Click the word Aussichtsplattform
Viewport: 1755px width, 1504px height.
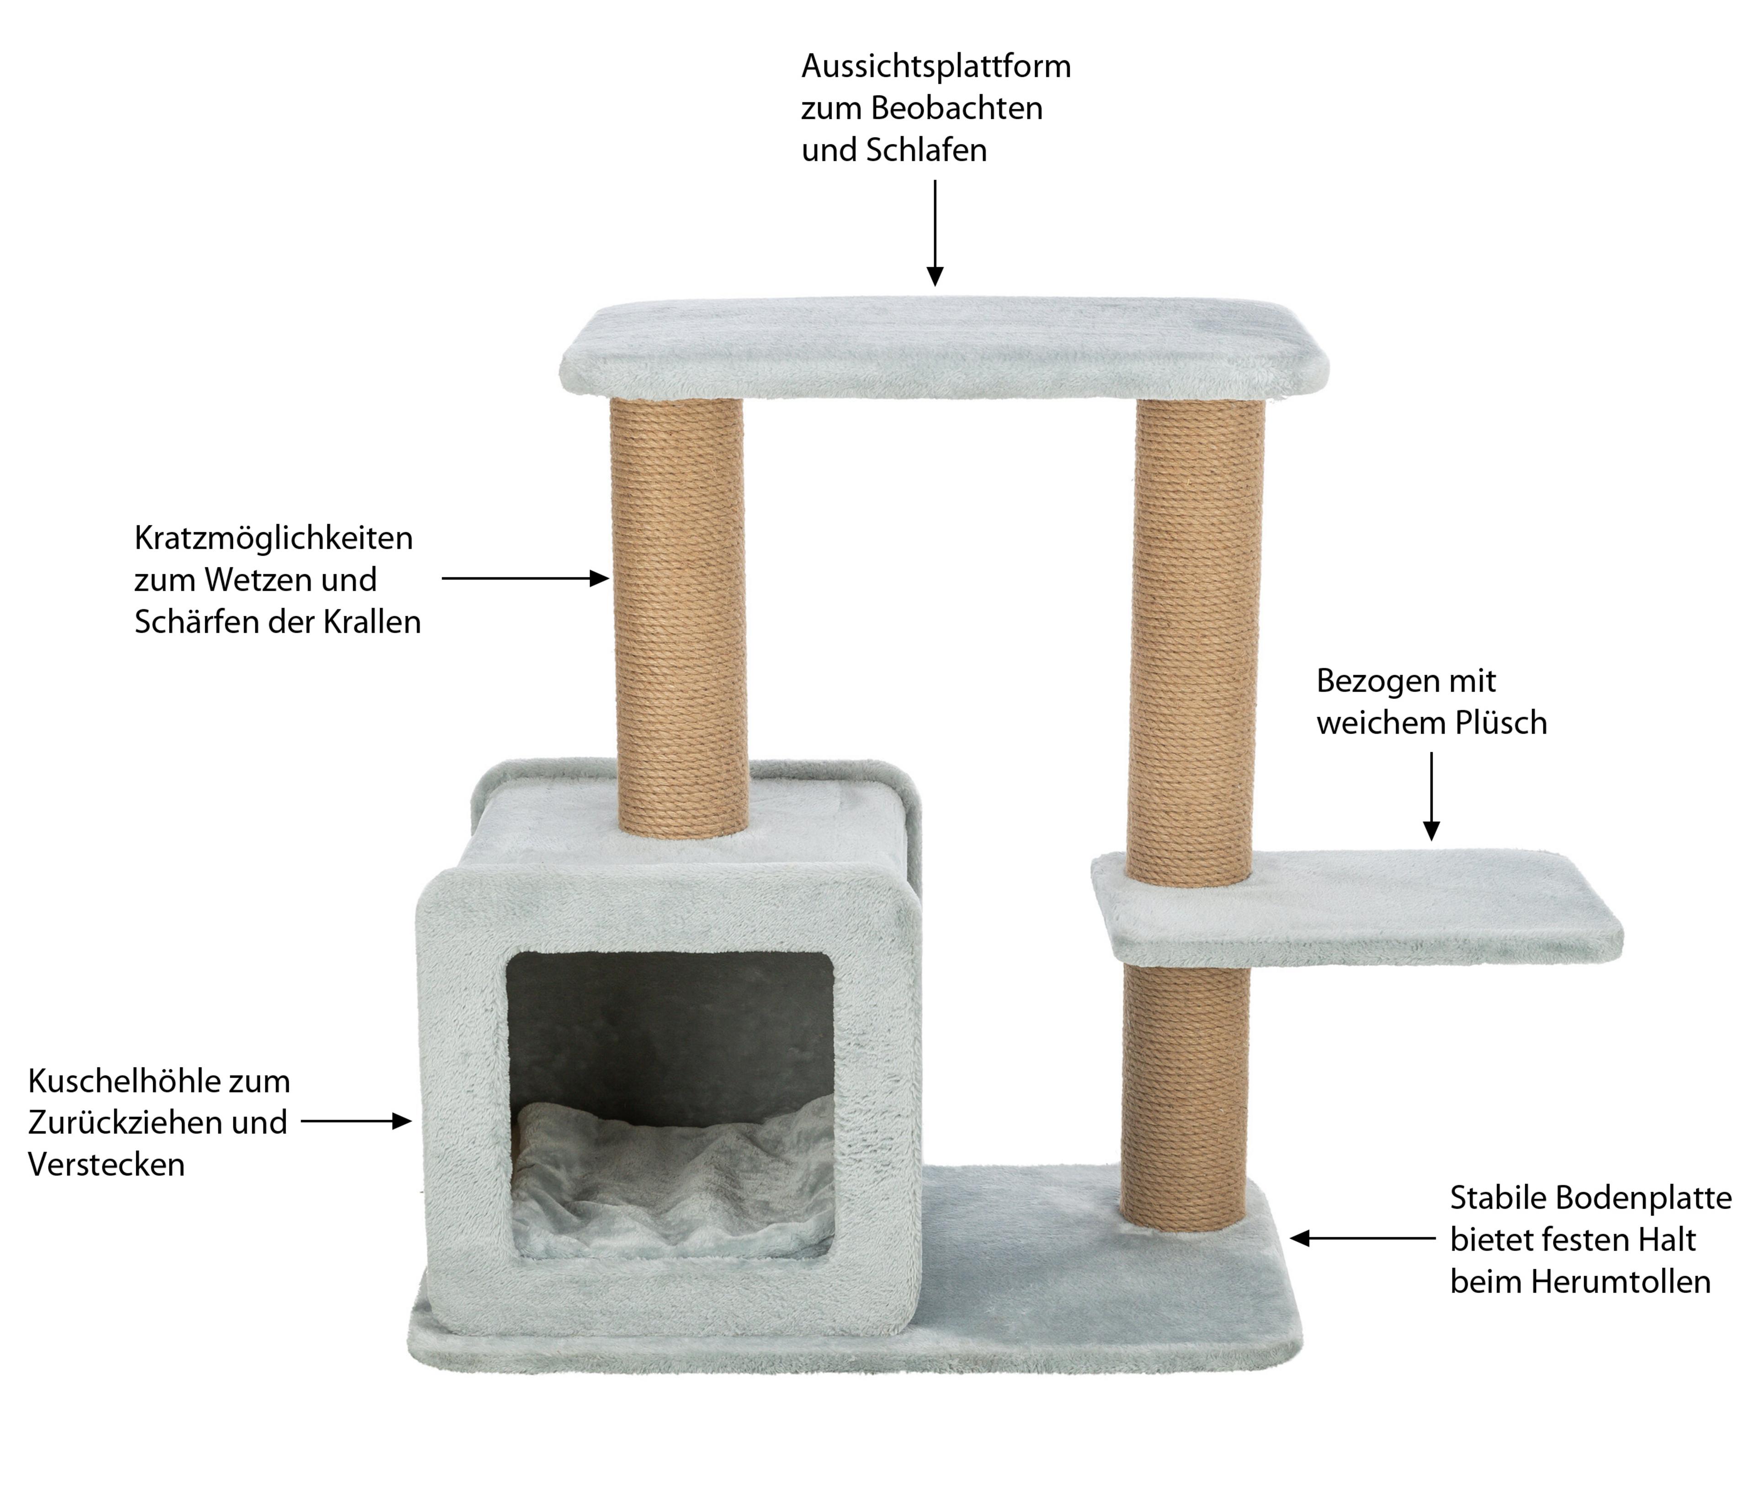tap(936, 67)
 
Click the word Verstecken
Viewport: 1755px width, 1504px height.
tap(106, 1164)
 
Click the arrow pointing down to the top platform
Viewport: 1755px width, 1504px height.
tap(935, 232)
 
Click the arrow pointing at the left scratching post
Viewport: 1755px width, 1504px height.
tap(525, 579)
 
